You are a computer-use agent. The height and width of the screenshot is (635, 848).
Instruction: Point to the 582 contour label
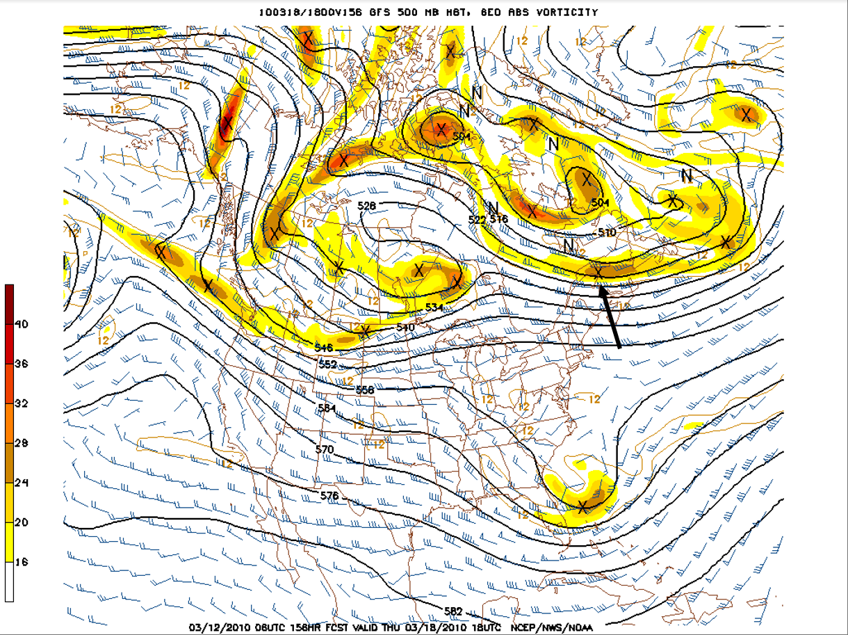[453, 611]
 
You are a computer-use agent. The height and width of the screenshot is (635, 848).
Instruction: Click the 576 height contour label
[329, 496]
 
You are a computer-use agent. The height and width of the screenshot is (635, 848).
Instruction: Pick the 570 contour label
[324, 450]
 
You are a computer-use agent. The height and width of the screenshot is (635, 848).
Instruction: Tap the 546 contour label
[324, 347]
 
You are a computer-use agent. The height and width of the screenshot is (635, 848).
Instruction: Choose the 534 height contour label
[434, 307]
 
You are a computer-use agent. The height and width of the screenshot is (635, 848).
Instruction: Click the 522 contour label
[477, 220]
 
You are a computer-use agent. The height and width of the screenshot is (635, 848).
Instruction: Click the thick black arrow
[610, 317]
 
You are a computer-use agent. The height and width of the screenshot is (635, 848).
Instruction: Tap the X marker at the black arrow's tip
[598, 273]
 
